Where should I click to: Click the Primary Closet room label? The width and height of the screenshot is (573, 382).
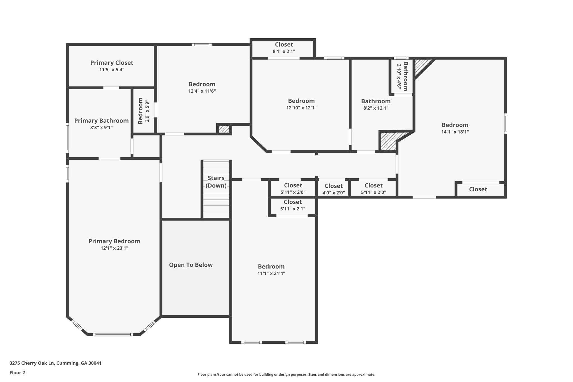pos(112,63)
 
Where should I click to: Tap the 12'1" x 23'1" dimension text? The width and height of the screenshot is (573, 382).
pos(114,248)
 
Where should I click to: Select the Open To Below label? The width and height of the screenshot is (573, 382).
pos(191,265)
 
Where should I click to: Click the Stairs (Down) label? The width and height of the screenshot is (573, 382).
pos(216,182)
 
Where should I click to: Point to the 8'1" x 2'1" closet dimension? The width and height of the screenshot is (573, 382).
pos(284,51)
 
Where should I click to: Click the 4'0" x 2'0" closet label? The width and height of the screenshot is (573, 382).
pos(334,193)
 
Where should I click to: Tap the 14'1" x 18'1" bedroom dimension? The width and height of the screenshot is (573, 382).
pos(455,132)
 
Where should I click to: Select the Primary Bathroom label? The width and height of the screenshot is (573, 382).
pos(101,121)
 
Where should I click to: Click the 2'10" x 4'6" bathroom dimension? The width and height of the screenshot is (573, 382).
pos(399,77)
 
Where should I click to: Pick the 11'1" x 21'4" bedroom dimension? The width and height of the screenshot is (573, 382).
pos(271,273)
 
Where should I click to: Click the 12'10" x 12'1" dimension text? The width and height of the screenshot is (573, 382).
pos(301,108)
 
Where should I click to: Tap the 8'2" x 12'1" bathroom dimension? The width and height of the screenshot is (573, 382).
pos(376,108)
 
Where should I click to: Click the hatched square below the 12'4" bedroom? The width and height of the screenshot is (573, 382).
pos(224,129)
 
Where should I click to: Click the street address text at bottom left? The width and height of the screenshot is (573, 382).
pos(55,363)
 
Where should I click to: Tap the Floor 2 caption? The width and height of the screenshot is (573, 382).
pos(17,372)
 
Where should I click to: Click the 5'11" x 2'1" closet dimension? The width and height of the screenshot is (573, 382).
pos(293,209)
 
